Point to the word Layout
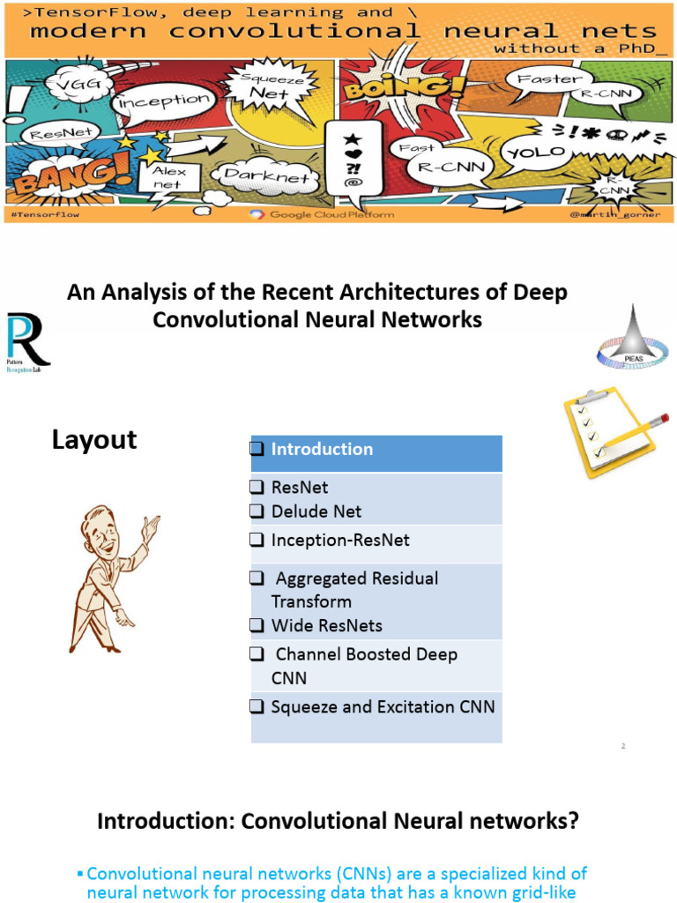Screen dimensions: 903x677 [x=94, y=440]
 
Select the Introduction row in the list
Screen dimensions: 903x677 [x=376, y=450]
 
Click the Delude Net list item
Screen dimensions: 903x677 [x=316, y=511]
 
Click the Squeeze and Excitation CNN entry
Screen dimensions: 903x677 [x=383, y=707]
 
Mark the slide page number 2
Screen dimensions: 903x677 [x=623, y=747]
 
